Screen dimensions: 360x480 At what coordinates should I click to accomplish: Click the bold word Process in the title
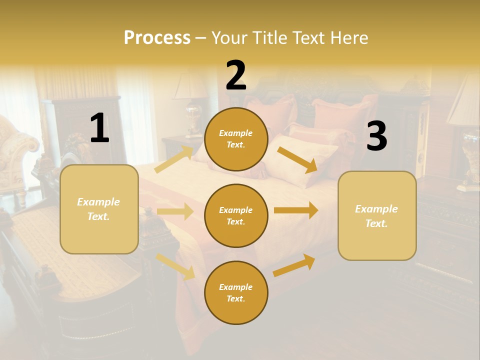click(x=157, y=37)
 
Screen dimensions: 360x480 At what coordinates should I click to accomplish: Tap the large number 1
click(x=99, y=128)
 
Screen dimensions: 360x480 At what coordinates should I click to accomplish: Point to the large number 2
click(x=236, y=75)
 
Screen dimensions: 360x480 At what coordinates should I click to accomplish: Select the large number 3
click(x=376, y=136)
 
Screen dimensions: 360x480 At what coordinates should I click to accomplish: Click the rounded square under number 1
click(x=99, y=209)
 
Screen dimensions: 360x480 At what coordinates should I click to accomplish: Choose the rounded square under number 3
click(x=377, y=215)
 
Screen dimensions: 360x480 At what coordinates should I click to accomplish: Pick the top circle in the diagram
click(x=236, y=139)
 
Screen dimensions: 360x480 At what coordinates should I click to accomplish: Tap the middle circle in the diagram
click(x=236, y=215)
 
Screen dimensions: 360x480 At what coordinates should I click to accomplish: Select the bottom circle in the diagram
click(x=236, y=292)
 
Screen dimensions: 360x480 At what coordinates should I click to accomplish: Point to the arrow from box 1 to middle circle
click(x=175, y=211)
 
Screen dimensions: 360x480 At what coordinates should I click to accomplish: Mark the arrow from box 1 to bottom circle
click(x=175, y=266)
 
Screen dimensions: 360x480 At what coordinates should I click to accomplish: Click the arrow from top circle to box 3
click(x=297, y=160)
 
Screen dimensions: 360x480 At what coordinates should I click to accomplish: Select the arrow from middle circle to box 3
click(x=296, y=210)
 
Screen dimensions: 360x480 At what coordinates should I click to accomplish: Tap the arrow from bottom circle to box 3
click(x=294, y=265)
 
